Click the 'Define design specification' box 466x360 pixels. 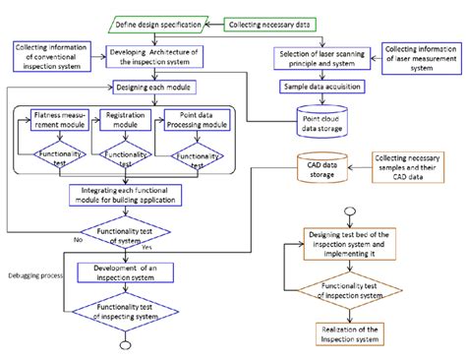coord(155,23)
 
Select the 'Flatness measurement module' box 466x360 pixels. coord(58,120)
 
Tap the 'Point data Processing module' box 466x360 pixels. coord(196,120)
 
